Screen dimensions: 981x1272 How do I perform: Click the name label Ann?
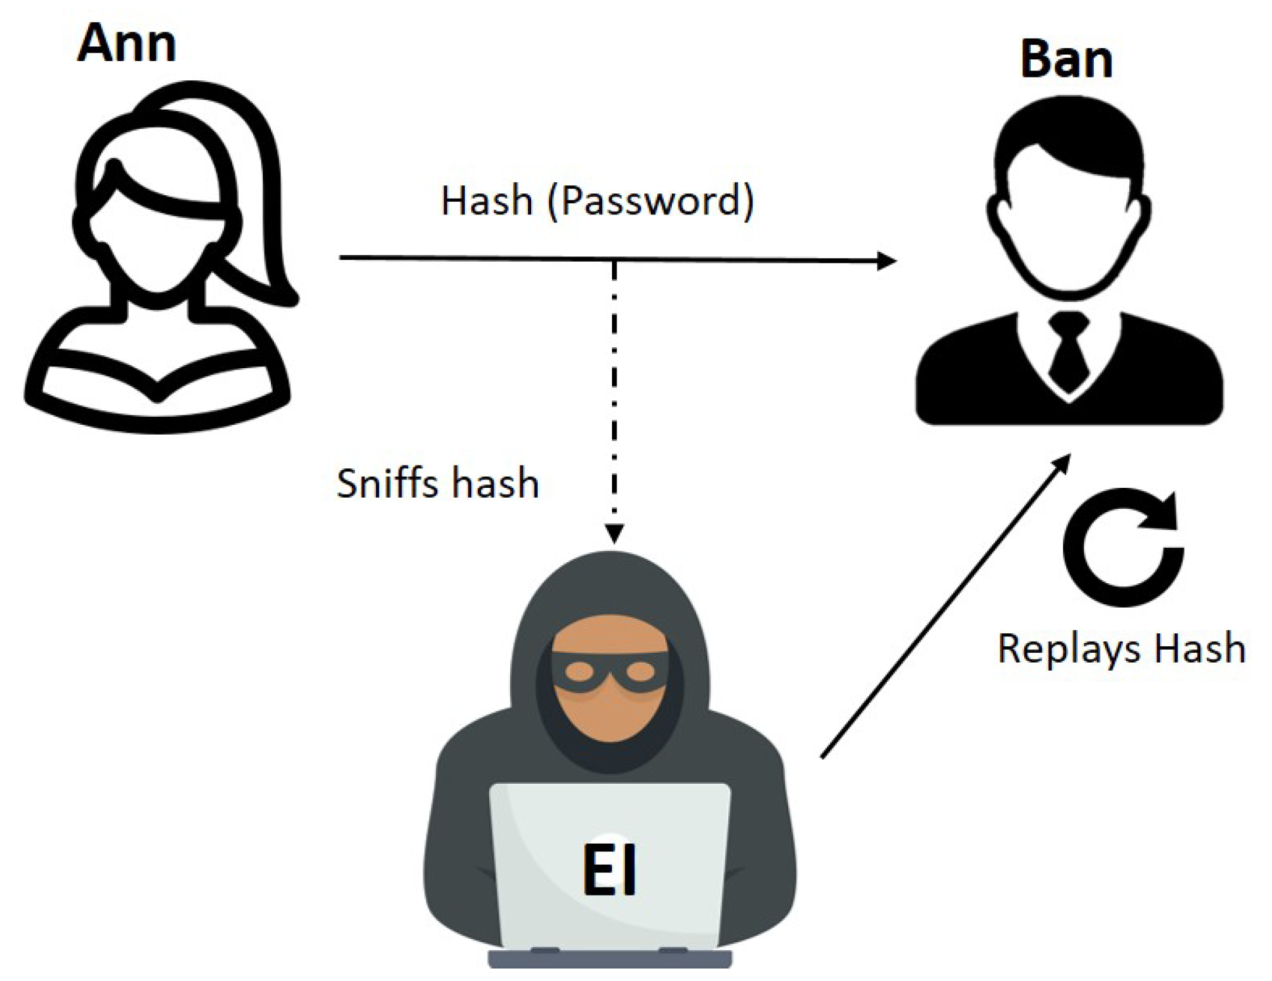click(126, 43)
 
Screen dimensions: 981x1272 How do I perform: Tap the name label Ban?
click(1066, 59)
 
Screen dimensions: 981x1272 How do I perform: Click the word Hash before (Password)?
click(486, 201)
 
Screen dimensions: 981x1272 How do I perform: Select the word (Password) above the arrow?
click(650, 201)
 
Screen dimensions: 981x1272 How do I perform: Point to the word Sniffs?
click(383, 484)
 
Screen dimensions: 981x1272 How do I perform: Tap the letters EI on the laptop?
click(609, 869)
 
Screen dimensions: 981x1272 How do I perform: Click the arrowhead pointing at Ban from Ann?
click(887, 261)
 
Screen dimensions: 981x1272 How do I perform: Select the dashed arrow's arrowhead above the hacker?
click(614, 533)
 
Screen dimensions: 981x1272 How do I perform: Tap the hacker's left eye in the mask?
click(579, 671)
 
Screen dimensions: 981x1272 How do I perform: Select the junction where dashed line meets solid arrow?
click(614, 260)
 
